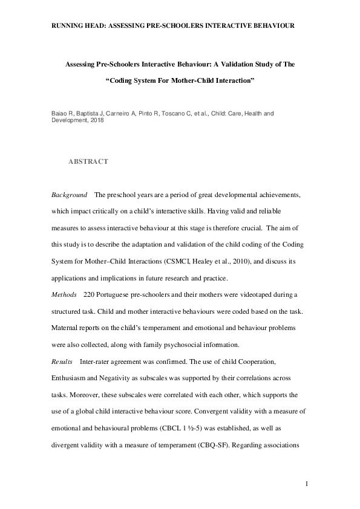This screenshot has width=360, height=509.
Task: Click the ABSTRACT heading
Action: pos(88,161)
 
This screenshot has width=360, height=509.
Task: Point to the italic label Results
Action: pos(62,361)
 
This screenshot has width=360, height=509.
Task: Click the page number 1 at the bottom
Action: pos(307,483)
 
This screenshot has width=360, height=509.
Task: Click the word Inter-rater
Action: pos(95,361)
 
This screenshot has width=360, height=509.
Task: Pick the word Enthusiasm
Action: pos(73,378)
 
